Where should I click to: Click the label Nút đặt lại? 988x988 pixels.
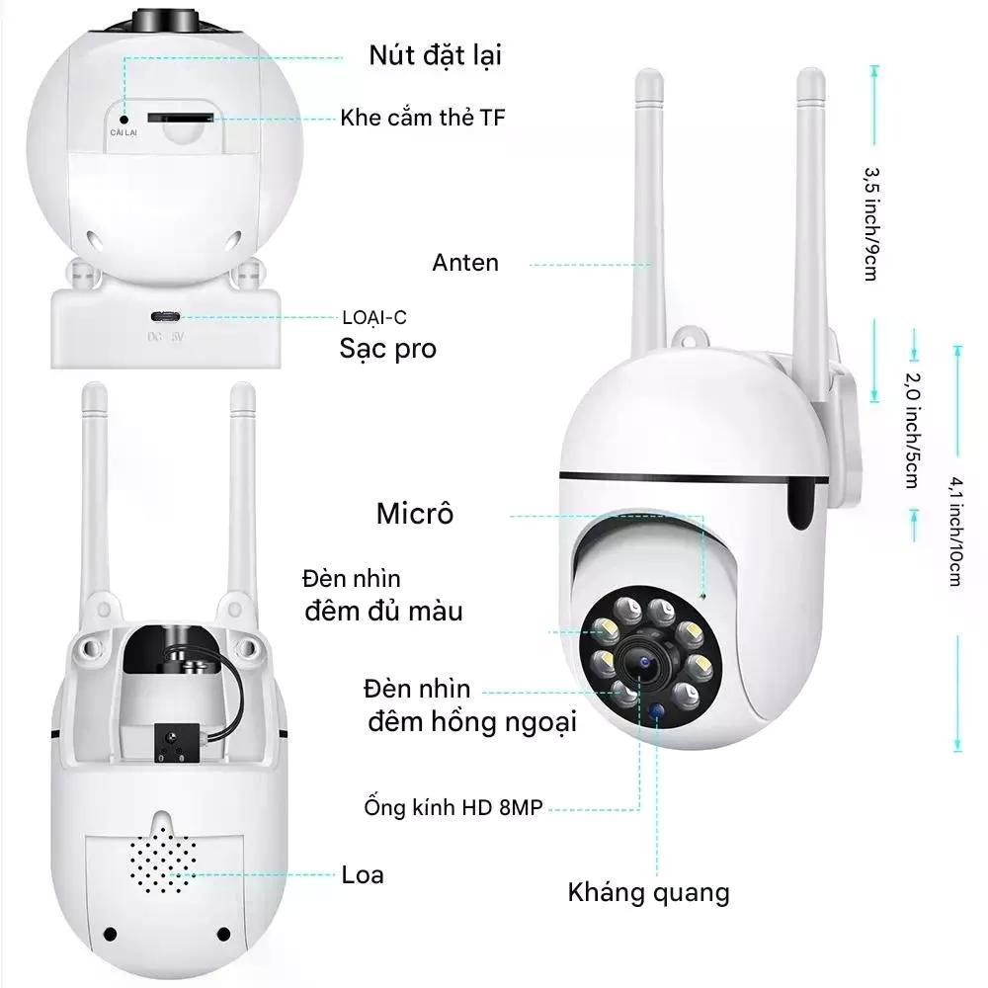click(x=435, y=55)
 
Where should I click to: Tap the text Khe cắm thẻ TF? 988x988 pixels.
click(x=422, y=118)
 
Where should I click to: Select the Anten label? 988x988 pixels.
click(x=465, y=263)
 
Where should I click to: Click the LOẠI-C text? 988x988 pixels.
click(x=374, y=317)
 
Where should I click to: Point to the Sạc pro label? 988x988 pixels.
click(x=387, y=349)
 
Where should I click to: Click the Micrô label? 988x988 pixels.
click(x=415, y=514)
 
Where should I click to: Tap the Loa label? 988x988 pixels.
click(x=363, y=874)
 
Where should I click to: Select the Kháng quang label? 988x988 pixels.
click(x=648, y=893)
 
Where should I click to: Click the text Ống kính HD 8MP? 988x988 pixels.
click(x=453, y=807)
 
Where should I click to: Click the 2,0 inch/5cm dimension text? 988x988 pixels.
click(x=912, y=431)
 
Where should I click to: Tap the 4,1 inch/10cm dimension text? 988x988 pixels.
click(x=956, y=532)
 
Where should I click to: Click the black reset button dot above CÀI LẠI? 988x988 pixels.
click(x=124, y=120)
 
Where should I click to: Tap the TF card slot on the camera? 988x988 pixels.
click(x=180, y=118)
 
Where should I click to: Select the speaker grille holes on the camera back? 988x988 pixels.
click(x=163, y=860)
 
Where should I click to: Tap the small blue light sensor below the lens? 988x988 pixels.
click(x=656, y=710)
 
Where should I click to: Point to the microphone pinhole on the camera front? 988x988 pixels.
click(x=703, y=596)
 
